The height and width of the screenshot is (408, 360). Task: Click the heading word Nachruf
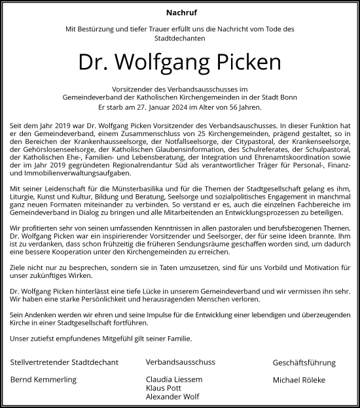[x=179, y=12]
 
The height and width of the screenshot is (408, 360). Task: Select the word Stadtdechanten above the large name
[x=179, y=39]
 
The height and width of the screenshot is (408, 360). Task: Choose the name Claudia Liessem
[x=173, y=380]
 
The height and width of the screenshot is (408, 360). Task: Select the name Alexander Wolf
[x=173, y=396]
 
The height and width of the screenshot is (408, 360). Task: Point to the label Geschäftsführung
[x=304, y=362]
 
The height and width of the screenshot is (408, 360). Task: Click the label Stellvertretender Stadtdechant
[x=64, y=362]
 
